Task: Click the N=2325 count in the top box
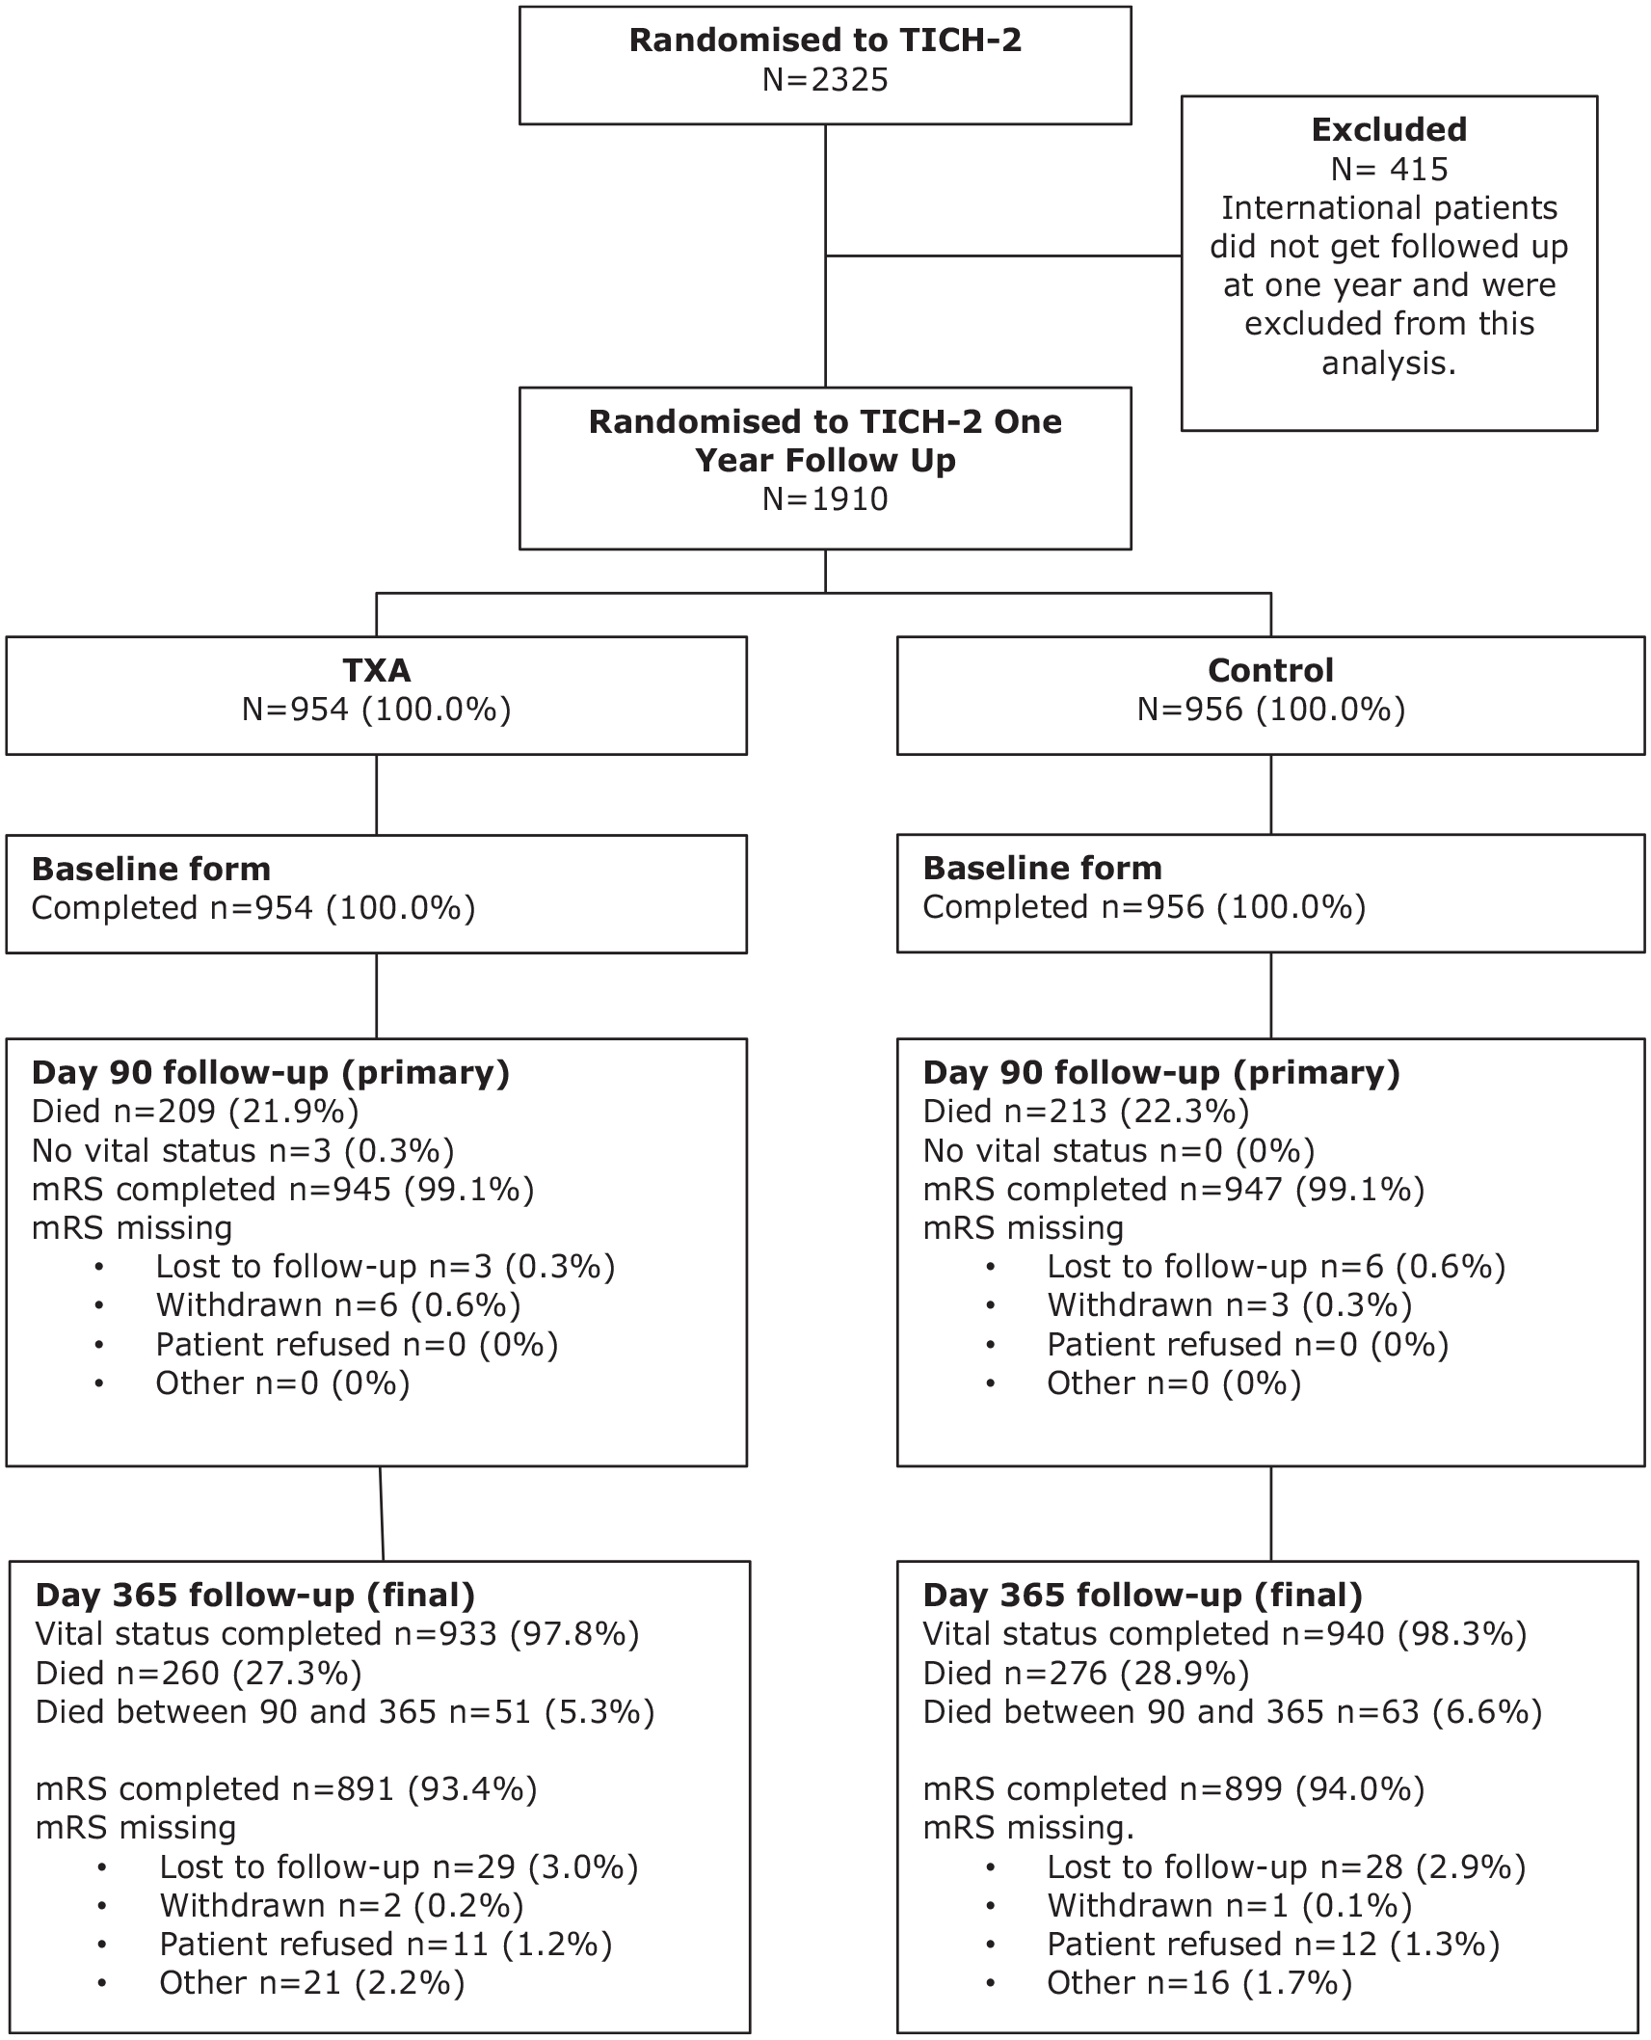point(825,79)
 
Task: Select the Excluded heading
point(1389,129)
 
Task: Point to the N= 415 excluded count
point(1389,169)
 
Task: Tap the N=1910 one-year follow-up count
point(825,498)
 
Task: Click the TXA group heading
point(376,670)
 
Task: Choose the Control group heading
point(1270,670)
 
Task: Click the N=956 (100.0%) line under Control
point(1270,710)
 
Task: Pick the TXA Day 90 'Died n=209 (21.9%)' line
point(195,1112)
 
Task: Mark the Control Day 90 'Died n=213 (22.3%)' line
point(1086,1112)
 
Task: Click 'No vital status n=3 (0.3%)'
point(243,1151)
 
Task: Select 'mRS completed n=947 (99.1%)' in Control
point(1174,1190)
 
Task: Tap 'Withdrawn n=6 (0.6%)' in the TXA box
point(338,1305)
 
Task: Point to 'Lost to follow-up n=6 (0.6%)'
point(1277,1267)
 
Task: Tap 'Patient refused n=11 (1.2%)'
point(386,1945)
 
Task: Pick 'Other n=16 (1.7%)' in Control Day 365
point(1200,1983)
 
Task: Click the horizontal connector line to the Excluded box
point(1003,256)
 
